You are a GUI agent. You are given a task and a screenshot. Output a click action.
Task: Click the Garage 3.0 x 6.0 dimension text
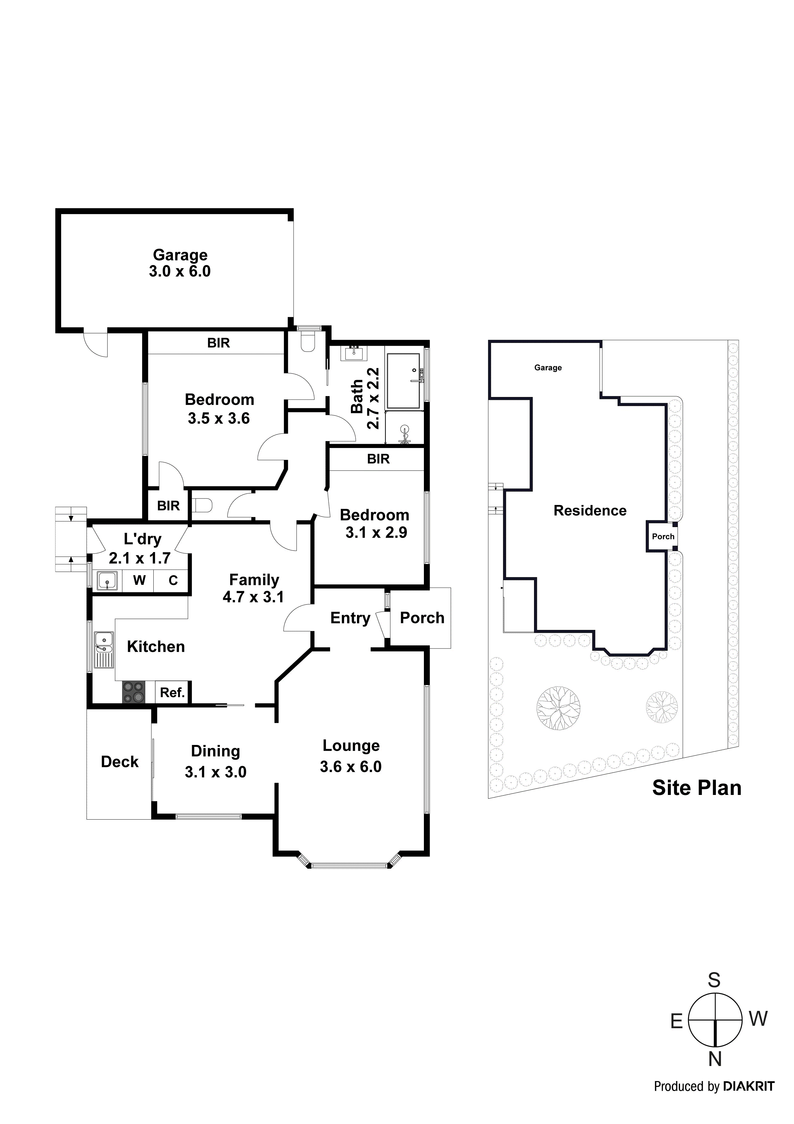180,271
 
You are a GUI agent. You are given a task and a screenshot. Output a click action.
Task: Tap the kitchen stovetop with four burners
134,692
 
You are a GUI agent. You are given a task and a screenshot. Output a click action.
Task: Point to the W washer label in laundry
139,581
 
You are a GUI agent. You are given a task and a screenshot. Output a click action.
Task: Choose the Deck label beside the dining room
119,762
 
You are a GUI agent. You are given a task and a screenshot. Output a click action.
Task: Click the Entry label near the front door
350,618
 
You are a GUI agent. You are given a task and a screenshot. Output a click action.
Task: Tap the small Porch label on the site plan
663,537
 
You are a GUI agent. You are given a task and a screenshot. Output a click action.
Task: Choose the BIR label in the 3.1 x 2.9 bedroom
378,459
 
